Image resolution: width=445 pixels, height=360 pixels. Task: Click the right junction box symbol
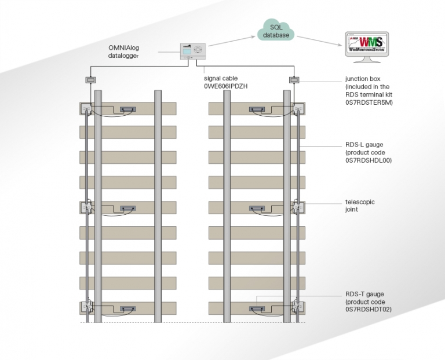(x=294, y=79)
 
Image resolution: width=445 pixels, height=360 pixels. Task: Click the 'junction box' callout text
(x=361, y=79)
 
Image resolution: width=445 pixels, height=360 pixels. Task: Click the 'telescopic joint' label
(x=360, y=206)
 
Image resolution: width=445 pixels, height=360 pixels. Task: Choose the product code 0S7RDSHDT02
(x=369, y=310)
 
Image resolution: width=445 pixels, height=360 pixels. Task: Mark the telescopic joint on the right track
(x=298, y=207)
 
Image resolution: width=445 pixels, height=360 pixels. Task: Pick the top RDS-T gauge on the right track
(x=255, y=109)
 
